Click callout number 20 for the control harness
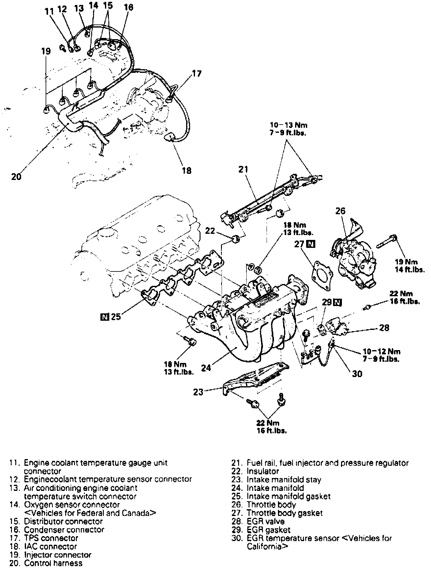(16, 177)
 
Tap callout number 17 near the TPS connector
(197, 74)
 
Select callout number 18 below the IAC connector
(186, 170)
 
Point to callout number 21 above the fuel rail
(243, 169)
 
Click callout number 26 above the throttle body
(340, 211)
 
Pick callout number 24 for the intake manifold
(206, 367)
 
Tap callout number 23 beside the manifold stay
(198, 392)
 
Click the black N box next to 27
(311, 244)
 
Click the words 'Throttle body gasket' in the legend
(284, 513)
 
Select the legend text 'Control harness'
(53, 563)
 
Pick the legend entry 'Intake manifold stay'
(284, 480)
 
